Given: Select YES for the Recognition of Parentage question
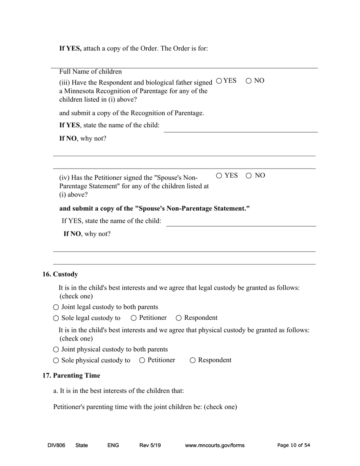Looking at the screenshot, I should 219,81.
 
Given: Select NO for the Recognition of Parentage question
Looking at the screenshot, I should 249,81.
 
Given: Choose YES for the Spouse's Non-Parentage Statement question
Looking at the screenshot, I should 219,175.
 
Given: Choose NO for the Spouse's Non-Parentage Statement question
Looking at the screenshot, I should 249,175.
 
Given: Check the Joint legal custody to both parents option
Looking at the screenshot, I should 56,307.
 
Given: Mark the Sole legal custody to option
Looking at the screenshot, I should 56,318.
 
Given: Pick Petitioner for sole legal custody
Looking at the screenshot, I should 134,318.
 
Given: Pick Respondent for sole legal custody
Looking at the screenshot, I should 179,318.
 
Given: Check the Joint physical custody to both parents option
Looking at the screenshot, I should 56,350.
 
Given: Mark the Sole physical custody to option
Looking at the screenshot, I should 56,360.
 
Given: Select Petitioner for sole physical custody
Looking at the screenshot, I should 142,360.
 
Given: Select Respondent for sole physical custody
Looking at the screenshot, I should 193,360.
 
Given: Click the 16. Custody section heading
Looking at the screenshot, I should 60,274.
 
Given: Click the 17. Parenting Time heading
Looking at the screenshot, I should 71,375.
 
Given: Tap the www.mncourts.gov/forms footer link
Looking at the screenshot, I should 214,446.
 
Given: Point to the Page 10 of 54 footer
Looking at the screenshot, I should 294,446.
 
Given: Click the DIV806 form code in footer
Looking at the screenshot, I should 56,446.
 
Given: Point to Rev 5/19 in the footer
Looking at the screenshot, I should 150,446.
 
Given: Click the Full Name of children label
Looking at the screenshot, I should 91,72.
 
